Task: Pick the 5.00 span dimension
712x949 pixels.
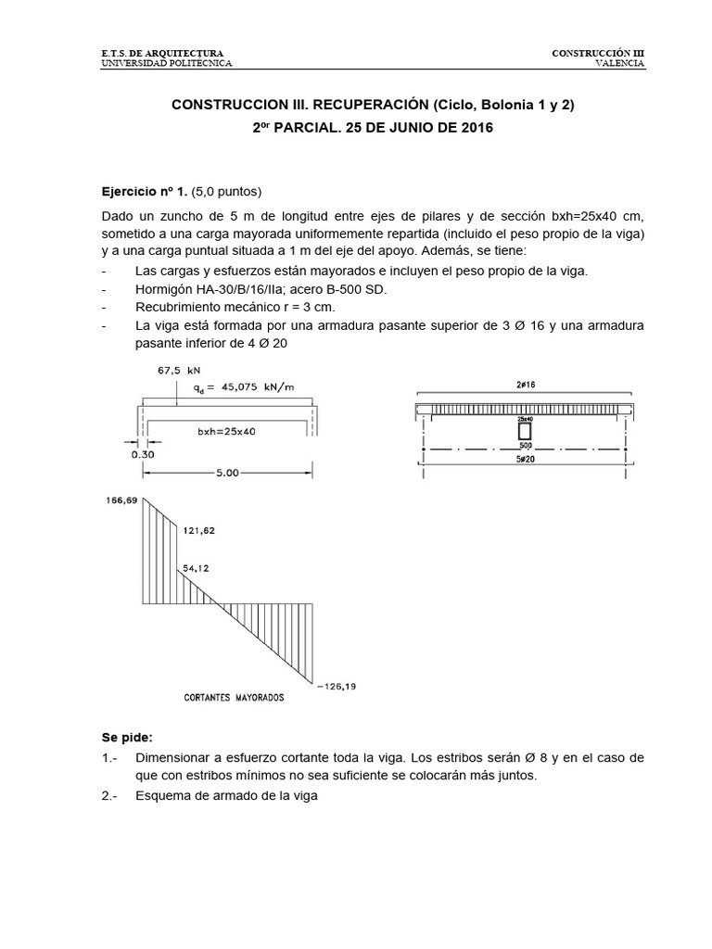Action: click(x=227, y=472)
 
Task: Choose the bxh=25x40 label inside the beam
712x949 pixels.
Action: click(x=229, y=431)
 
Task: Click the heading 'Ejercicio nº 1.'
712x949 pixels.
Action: click(x=144, y=193)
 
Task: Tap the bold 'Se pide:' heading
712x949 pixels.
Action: click(x=127, y=738)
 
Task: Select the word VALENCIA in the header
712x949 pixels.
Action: click(x=620, y=64)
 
